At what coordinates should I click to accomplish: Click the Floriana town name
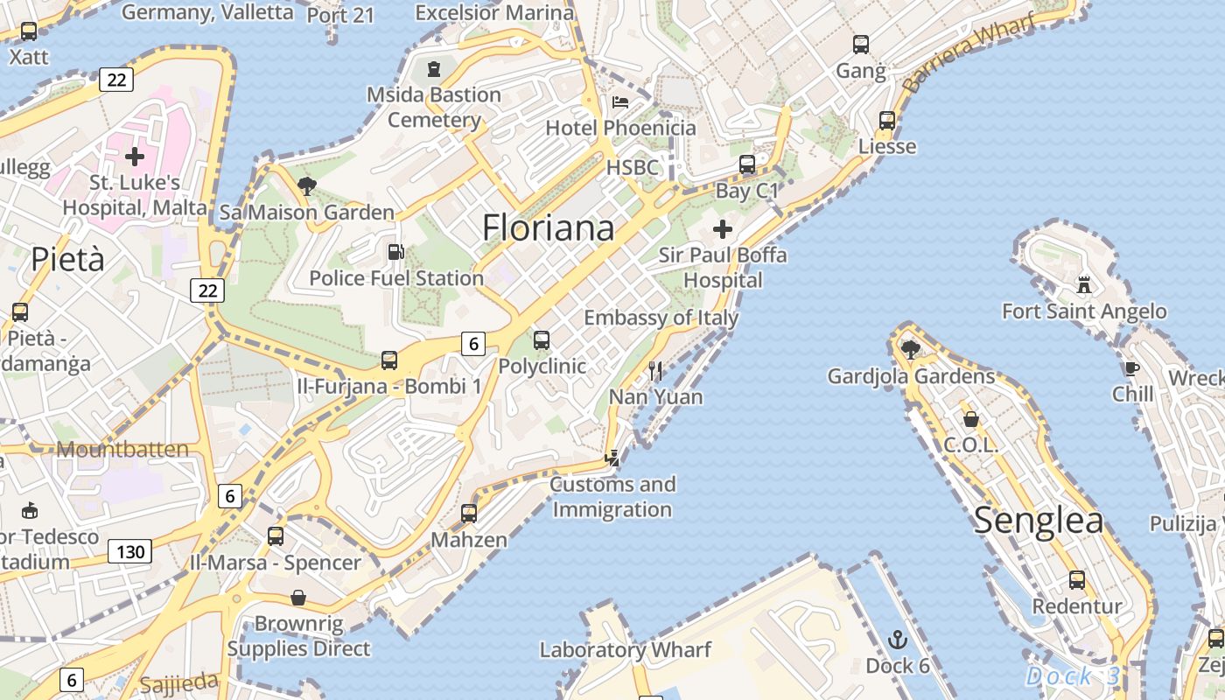(x=548, y=228)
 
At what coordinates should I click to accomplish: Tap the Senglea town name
(x=1038, y=521)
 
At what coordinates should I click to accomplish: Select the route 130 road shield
(x=129, y=551)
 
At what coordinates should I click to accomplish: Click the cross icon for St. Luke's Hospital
(x=135, y=157)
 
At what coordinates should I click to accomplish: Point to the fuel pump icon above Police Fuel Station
(x=395, y=252)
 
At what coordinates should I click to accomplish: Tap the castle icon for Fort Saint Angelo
(x=1084, y=284)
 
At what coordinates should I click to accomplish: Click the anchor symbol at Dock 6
(x=898, y=640)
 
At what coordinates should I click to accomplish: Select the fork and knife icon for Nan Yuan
(x=655, y=371)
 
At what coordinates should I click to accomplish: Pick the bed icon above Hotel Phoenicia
(x=620, y=101)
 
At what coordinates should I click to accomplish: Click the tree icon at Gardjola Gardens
(x=910, y=349)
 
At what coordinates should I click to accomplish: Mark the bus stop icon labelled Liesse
(x=887, y=121)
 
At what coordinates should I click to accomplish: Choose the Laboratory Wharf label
(x=625, y=650)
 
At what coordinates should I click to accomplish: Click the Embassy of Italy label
(x=661, y=318)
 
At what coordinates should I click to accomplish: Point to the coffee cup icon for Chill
(x=1131, y=368)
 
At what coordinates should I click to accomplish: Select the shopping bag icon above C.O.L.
(x=970, y=419)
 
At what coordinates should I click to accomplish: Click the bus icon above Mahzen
(x=469, y=514)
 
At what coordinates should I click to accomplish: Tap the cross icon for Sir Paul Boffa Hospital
(x=723, y=230)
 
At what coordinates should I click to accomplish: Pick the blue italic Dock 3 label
(x=1072, y=676)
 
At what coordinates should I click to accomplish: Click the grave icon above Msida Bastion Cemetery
(x=434, y=68)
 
